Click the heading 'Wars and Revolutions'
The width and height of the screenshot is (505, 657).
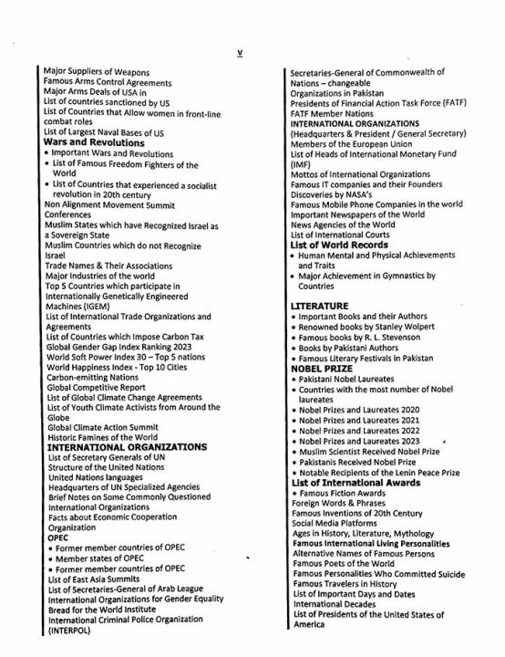tap(95, 143)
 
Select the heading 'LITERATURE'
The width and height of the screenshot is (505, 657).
tap(319, 305)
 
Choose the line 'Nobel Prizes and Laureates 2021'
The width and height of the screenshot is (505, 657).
tap(361, 420)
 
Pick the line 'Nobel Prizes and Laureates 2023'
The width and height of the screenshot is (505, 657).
tap(361, 441)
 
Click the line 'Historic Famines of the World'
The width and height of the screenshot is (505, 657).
tap(108, 437)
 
